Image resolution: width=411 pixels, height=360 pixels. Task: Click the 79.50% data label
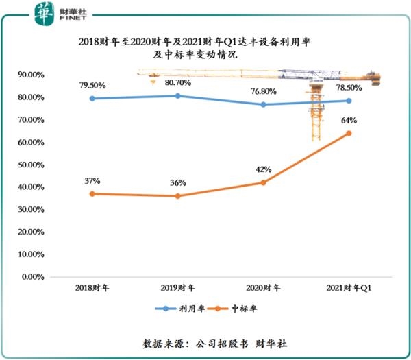tap(93, 85)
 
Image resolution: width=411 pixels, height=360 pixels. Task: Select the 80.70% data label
tap(179, 83)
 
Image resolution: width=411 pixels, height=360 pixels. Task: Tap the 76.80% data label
tap(264, 92)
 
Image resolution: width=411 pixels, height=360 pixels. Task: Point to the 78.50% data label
tap(349, 88)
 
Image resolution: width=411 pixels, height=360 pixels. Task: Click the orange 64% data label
tap(349, 121)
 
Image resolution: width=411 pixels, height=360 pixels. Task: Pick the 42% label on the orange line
tap(264, 169)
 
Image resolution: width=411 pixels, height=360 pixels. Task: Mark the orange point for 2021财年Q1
tap(349, 133)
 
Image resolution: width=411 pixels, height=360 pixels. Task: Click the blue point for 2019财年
tap(178, 96)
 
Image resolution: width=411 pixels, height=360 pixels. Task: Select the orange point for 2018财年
tap(93, 194)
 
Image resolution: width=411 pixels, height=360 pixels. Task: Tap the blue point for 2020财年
tap(263, 104)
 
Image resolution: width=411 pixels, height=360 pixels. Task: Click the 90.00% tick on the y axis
tap(32, 75)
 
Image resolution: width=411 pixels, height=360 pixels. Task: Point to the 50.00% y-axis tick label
tap(32, 165)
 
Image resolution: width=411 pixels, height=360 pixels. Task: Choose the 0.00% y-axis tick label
tap(34, 277)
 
